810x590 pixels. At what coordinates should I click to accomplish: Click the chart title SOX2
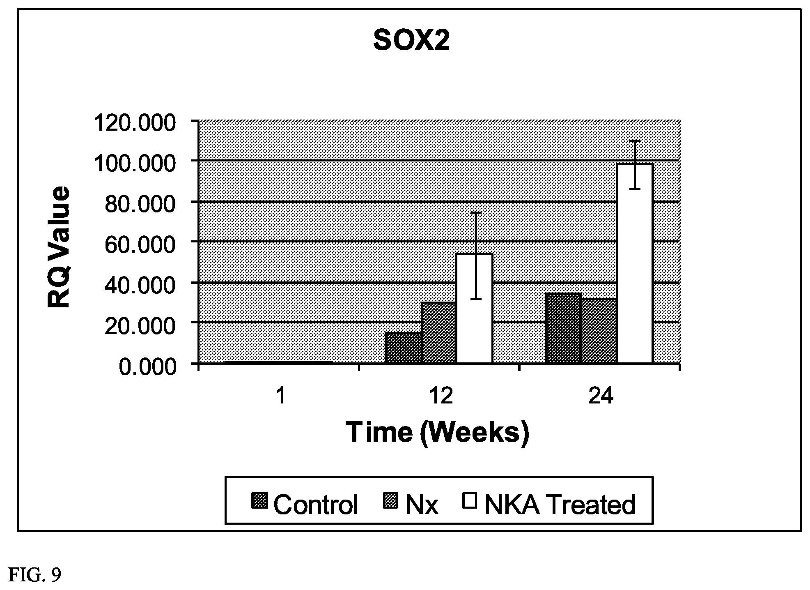[x=411, y=41]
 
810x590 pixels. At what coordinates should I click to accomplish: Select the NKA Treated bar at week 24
[x=635, y=263]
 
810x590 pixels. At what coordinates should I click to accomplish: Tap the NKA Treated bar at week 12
[x=474, y=309]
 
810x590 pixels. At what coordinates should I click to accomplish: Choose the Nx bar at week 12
[x=439, y=333]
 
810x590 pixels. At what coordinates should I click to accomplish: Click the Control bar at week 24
[x=563, y=328]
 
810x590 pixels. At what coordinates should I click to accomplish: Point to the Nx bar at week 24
[x=599, y=331]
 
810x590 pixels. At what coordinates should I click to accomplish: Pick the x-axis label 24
[x=601, y=397]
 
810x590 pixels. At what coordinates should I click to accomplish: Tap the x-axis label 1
[x=281, y=397]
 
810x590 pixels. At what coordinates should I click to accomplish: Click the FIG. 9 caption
[x=34, y=575]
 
